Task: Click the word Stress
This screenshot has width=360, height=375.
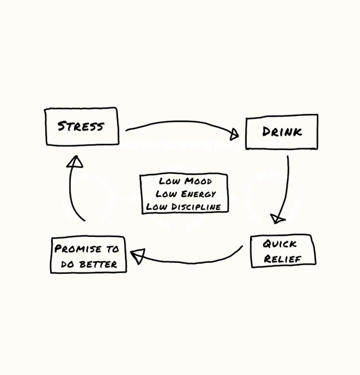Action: pyautogui.click(x=81, y=126)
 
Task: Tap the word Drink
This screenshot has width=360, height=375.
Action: pyautogui.click(x=282, y=132)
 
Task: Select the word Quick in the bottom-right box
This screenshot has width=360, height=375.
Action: pyautogui.click(x=279, y=244)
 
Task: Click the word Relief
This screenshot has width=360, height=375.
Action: pyautogui.click(x=283, y=259)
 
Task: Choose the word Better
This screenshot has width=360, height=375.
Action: pyautogui.click(x=98, y=265)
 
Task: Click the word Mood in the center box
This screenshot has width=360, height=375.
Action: pyautogui.click(x=198, y=181)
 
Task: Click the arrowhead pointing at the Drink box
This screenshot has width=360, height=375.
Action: pyautogui.click(x=234, y=135)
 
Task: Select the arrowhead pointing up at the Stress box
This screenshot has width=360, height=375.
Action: pyautogui.click(x=75, y=161)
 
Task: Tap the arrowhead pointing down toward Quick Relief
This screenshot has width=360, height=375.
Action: pyautogui.click(x=277, y=219)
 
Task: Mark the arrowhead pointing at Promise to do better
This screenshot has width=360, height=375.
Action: pyautogui.click(x=138, y=256)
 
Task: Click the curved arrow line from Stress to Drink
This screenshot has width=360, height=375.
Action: pyautogui.click(x=179, y=122)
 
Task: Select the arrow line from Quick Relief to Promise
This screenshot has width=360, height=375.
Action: pyautogui.click(x=195, y=263)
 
